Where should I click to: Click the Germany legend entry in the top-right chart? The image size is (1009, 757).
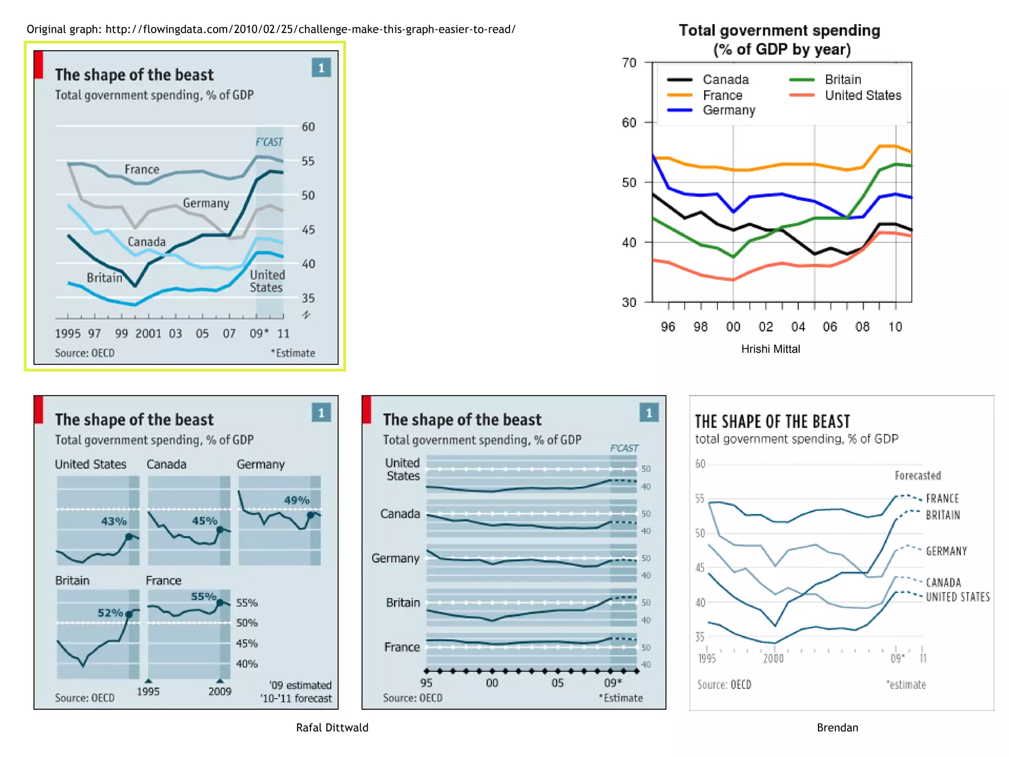(x=729, y=110)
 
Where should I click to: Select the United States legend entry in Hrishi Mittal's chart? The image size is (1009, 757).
(x=863, y=95)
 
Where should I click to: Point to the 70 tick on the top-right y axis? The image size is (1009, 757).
(x=629, y=63)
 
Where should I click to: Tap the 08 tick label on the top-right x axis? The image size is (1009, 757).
(x=862, y=327)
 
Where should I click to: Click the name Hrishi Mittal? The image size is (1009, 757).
(x=771, y=349)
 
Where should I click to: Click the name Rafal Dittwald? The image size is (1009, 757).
(x=332, y=727)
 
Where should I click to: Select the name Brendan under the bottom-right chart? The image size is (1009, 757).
(x=837, y=727)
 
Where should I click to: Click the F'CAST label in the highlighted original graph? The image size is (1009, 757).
(x=269, y=142)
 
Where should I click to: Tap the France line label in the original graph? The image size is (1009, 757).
(x=142, y=170)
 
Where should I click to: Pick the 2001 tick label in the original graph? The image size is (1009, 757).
(x=148, y=334)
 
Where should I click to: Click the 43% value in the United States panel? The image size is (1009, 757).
(x=114, y=521)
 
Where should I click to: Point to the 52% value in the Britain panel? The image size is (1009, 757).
(x=110, y=613)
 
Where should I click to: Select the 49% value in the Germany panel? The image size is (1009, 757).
(x=297, y=500)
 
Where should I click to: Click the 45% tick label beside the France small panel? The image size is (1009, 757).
(x=247, y=643)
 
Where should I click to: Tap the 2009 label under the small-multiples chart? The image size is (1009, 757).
(x=220, y=691)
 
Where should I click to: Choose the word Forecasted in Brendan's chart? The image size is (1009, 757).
(x=918, y=476)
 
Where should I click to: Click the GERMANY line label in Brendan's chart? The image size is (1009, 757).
(x=946, y=551)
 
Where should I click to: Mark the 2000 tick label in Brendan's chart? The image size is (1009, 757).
(x=774, y=658)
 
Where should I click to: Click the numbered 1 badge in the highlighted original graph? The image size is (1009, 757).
(x=321, y=68)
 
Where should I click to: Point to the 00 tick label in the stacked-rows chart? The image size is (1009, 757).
(x=492, y=683)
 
